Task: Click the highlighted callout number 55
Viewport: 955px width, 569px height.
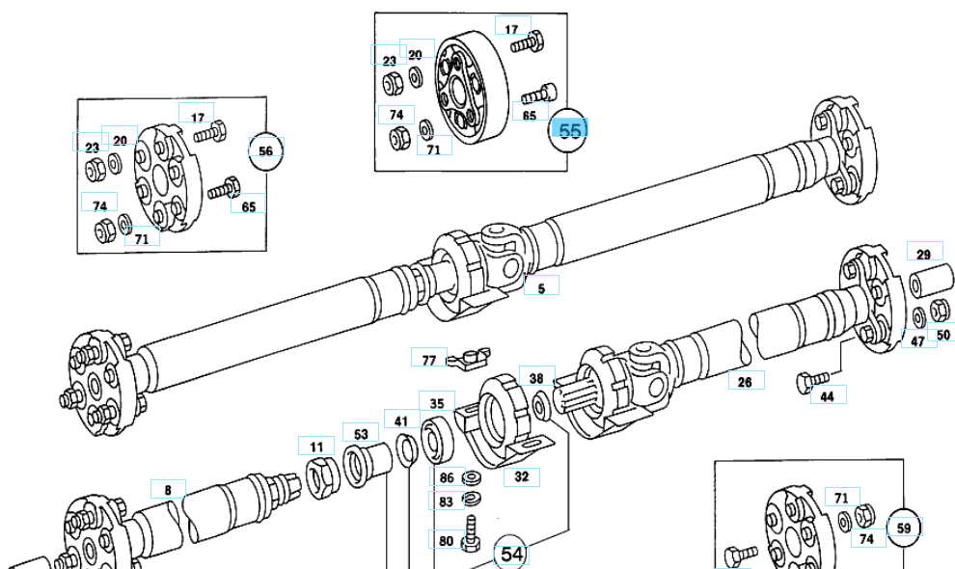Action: [x=570, y=130]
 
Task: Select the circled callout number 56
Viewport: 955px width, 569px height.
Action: [x=266, y=150]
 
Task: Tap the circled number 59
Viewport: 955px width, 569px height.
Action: [x=904, y=528]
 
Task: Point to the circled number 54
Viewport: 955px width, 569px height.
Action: [x=511, y=555]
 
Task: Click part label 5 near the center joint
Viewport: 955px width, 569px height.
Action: [x=541, y=287]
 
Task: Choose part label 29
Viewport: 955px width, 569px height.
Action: [x=923, y=254]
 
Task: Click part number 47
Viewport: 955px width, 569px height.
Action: [x=917, y=340]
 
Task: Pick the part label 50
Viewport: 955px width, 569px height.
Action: [x=942, y=335]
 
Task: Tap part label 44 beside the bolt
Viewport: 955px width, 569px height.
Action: [x=827, y=395]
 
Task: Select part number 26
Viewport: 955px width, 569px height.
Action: [x=745, y=382]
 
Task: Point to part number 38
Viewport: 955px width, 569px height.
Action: [x=536, y=379]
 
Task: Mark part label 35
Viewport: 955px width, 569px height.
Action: [x=437, y=403]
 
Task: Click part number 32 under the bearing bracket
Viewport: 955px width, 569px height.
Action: [x=521, y=475]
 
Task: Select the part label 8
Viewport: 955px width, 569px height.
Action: [x=168, y=490]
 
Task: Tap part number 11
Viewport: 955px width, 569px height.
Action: [x=316, y=447]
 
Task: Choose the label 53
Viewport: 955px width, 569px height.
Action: [x=361, y=434]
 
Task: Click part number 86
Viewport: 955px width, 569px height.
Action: [x=446, y=477]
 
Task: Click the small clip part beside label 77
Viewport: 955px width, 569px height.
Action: [x=470, y=359]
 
